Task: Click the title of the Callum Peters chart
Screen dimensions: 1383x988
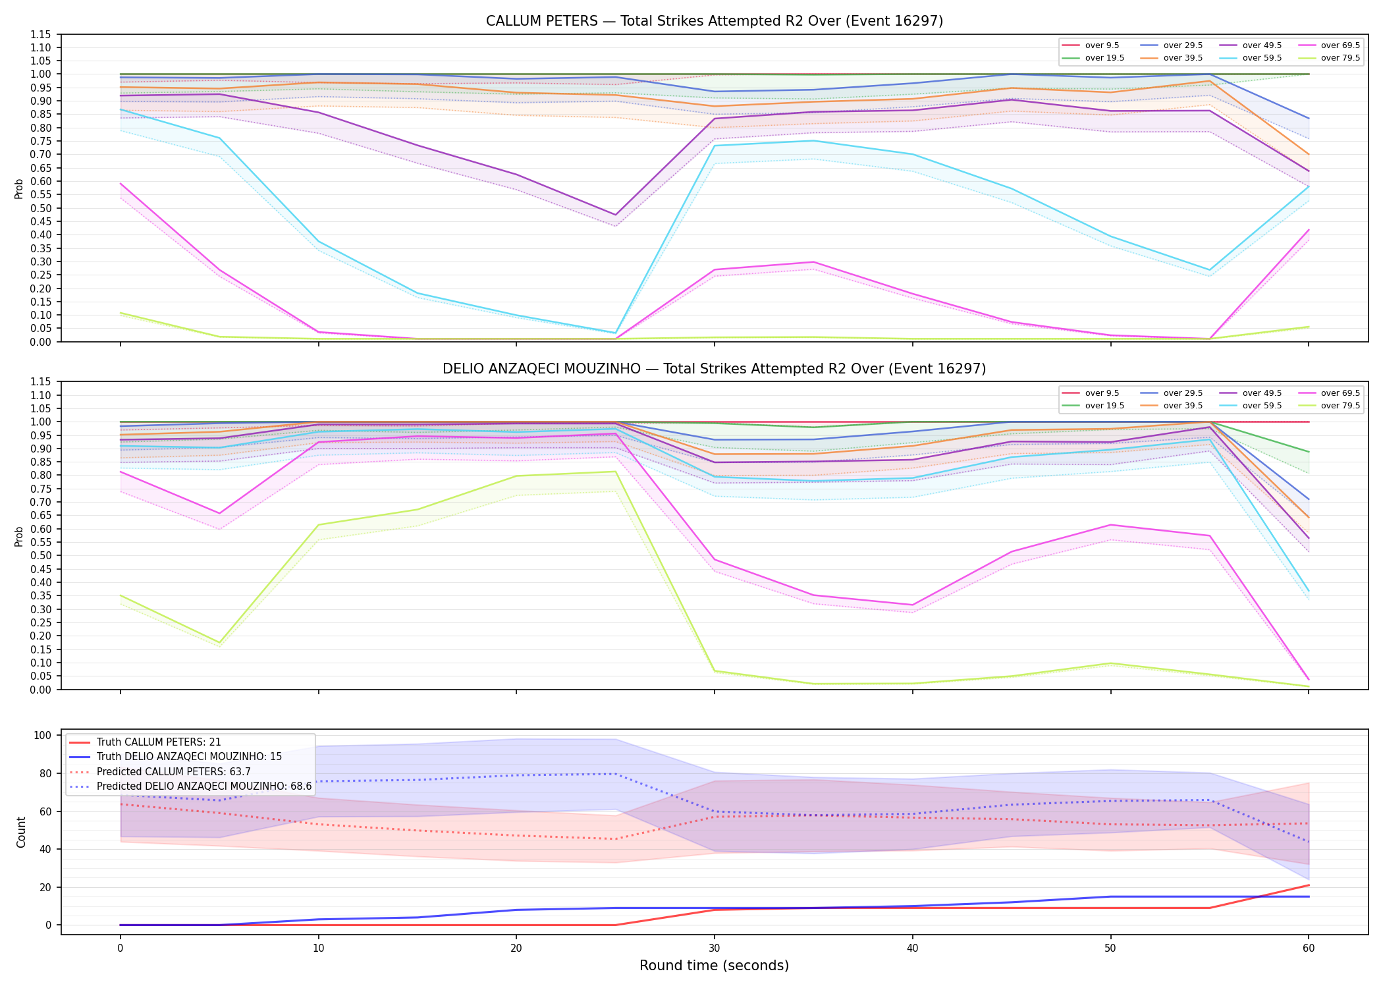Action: point(714,21)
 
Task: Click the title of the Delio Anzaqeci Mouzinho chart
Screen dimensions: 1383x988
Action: point(714,369)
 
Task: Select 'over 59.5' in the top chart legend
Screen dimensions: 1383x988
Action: point(1262,58)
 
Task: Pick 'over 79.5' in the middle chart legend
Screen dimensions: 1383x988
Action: point(1340,406)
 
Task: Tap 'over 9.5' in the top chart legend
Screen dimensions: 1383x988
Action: point(1102,45)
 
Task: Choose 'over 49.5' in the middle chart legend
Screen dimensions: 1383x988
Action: point(1262,393)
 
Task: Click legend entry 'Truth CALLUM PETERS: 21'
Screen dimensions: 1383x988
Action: point(159,742)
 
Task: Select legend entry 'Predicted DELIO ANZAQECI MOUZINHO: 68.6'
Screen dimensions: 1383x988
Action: point(204,786)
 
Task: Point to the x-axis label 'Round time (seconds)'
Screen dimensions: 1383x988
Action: point(714,966)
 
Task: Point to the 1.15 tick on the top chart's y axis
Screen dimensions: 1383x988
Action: point(40,34)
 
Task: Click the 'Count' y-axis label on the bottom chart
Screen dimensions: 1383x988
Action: point(21,832)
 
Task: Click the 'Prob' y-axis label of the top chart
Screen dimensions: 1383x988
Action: point(19,188)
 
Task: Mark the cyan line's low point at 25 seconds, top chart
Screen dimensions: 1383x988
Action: point(615,333)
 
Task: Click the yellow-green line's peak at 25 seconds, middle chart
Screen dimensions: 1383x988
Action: point(615,472)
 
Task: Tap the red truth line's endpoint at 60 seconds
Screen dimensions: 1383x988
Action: point(1309,885)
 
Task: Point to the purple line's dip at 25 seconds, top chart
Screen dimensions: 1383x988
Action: point(615,215)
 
